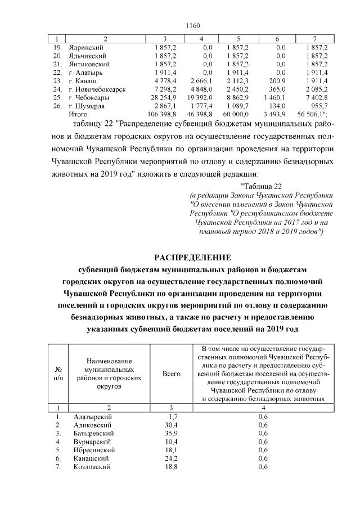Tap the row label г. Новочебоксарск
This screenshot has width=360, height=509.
pyautogui.click(x=96, y=89)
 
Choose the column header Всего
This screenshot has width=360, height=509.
pyautogui.click(x=171, y=373)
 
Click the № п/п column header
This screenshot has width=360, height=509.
pyautogui.click(x=58, y=373)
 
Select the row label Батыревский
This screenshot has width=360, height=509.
pyautogui.click(x=93, y=434)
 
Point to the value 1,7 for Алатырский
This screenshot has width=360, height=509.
pyautogui.click(x=173, y=417)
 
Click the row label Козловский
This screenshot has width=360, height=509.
pyautogui.click(x=92, y=466)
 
